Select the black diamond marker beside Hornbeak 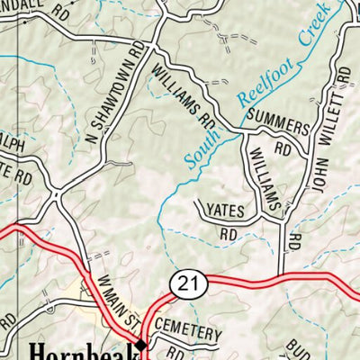tap(141, 344)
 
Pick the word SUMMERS tap(276, 125)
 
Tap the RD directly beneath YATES tap(228, 233)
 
